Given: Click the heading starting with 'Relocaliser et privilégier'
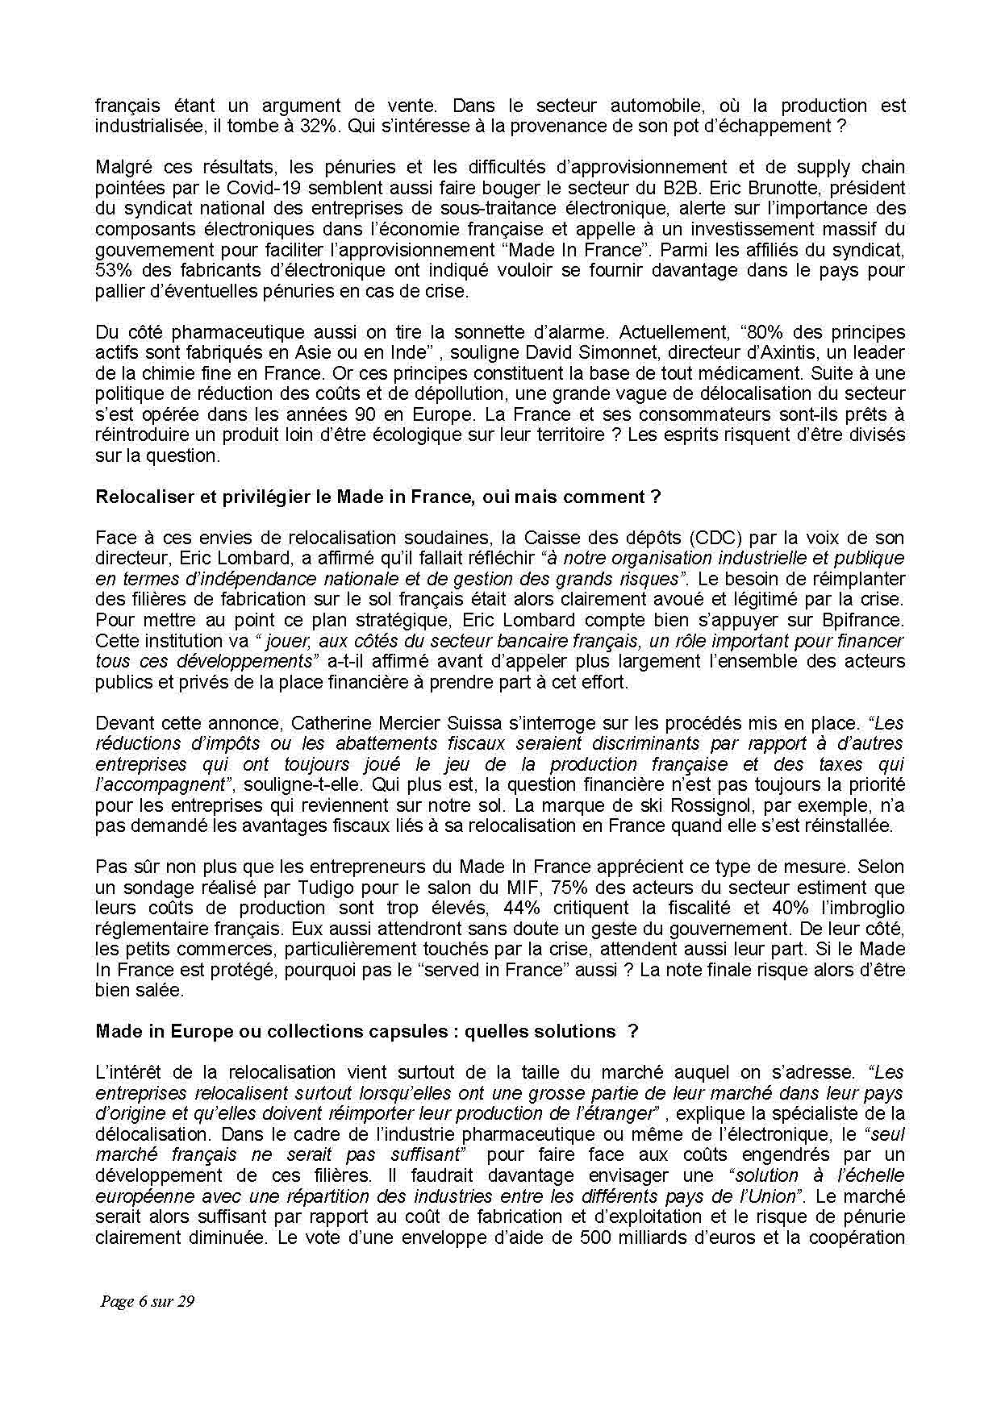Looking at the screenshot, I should (377, 497).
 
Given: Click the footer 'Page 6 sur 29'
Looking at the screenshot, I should (148, 1301).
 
